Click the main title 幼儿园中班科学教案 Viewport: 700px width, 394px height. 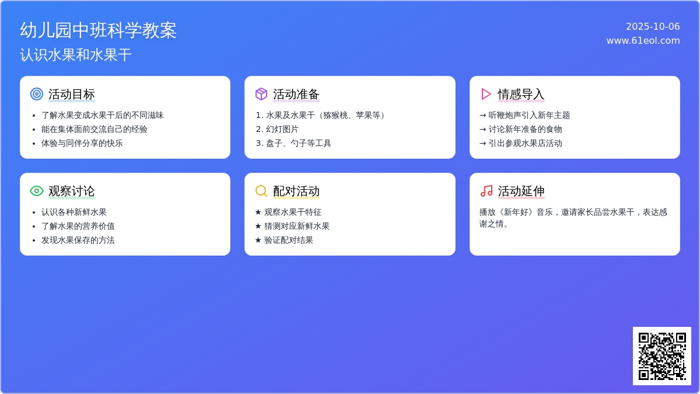click(x=98, y=30)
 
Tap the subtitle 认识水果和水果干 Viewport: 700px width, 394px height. click(x=76, y=55)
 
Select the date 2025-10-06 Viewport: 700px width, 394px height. click(x=653, y=27)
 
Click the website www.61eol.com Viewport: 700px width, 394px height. click(x=643, y=41)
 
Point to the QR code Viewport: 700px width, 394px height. click(x=662, y=356)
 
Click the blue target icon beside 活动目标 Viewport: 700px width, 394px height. click(x=37, y=94)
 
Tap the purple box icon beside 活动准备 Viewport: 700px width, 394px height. click(x=261, y=94)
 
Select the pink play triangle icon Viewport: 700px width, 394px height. click(x=486, y=94)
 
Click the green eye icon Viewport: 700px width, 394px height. click(x=37, y=191)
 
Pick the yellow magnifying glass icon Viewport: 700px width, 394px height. click(x=261, y=191)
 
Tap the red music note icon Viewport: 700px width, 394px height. click(x=487, y=191)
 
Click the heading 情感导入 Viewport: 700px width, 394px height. click(x=521, y=94)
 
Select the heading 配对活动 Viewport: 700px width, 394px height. click(x=296, y=191)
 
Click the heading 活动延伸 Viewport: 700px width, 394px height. click(x=521, y=191)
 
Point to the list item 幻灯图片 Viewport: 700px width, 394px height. click(x=282, y=129)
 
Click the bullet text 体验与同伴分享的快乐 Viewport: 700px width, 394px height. click(x=82, y=143)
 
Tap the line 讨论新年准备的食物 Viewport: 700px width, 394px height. click(x=525, y=129)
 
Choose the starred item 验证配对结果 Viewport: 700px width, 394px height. click(x=288, y=240)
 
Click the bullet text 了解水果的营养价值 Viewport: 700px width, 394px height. click(x=78, y=226)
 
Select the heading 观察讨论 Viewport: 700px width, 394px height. click(x=72, y=191)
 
